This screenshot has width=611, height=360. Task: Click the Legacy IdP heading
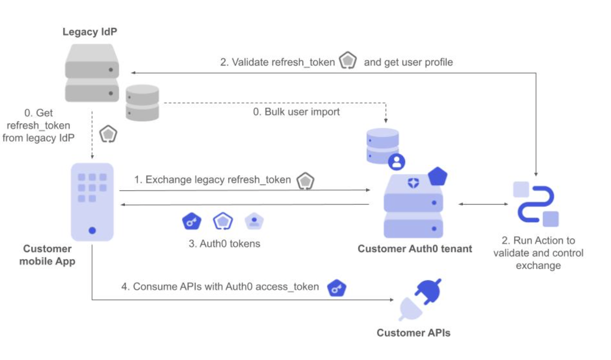click(x=90, y=32)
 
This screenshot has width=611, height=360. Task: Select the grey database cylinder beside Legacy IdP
click(x=142, y=102)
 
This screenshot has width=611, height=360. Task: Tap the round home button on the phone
click(x=92, y=230)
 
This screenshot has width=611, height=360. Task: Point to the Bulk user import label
click(x=296, y=112)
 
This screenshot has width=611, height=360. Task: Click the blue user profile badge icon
click(x=397, y=161)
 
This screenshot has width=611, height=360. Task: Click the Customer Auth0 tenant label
click(x=414, y=248)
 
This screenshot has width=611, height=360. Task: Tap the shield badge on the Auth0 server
click(x=413, y=183)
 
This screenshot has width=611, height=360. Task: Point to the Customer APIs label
click(x=413, y=332)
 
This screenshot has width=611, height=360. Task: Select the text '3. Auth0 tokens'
click(x=224, y=244)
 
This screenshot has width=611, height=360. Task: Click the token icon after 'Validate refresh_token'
click(x=348, y=61)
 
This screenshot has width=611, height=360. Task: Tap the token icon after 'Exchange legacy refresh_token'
click(x=305, y=181)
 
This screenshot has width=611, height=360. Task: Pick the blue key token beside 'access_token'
click(x=337, y=287)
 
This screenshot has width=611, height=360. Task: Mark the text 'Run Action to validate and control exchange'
click(x=538, y=253)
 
